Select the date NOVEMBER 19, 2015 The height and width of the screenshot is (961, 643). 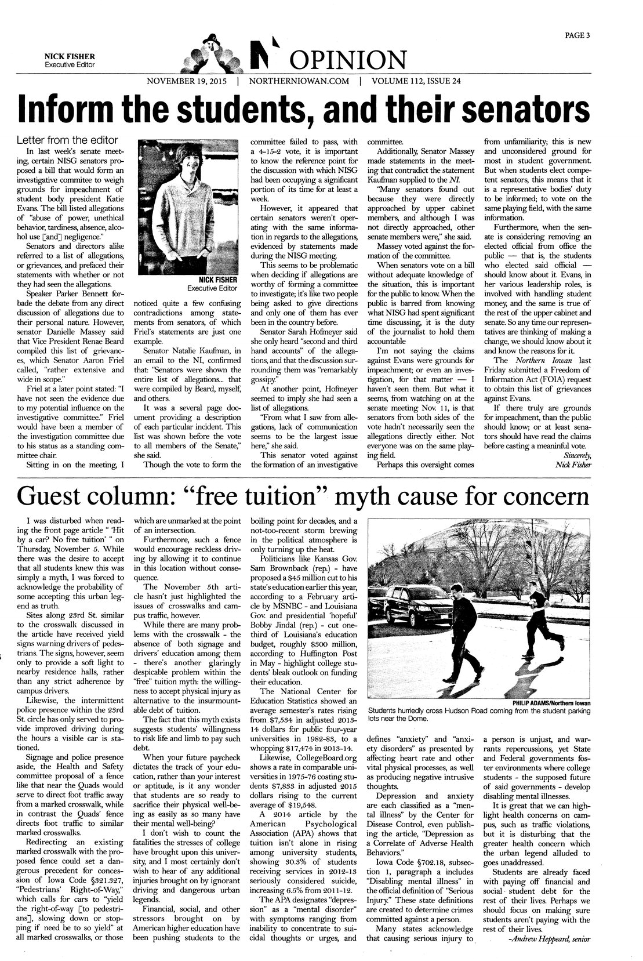[187, 81]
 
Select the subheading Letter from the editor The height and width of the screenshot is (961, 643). [67, 140]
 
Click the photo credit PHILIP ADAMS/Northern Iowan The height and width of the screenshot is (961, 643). [551, 703]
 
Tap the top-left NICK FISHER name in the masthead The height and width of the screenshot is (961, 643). [70, 56]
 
